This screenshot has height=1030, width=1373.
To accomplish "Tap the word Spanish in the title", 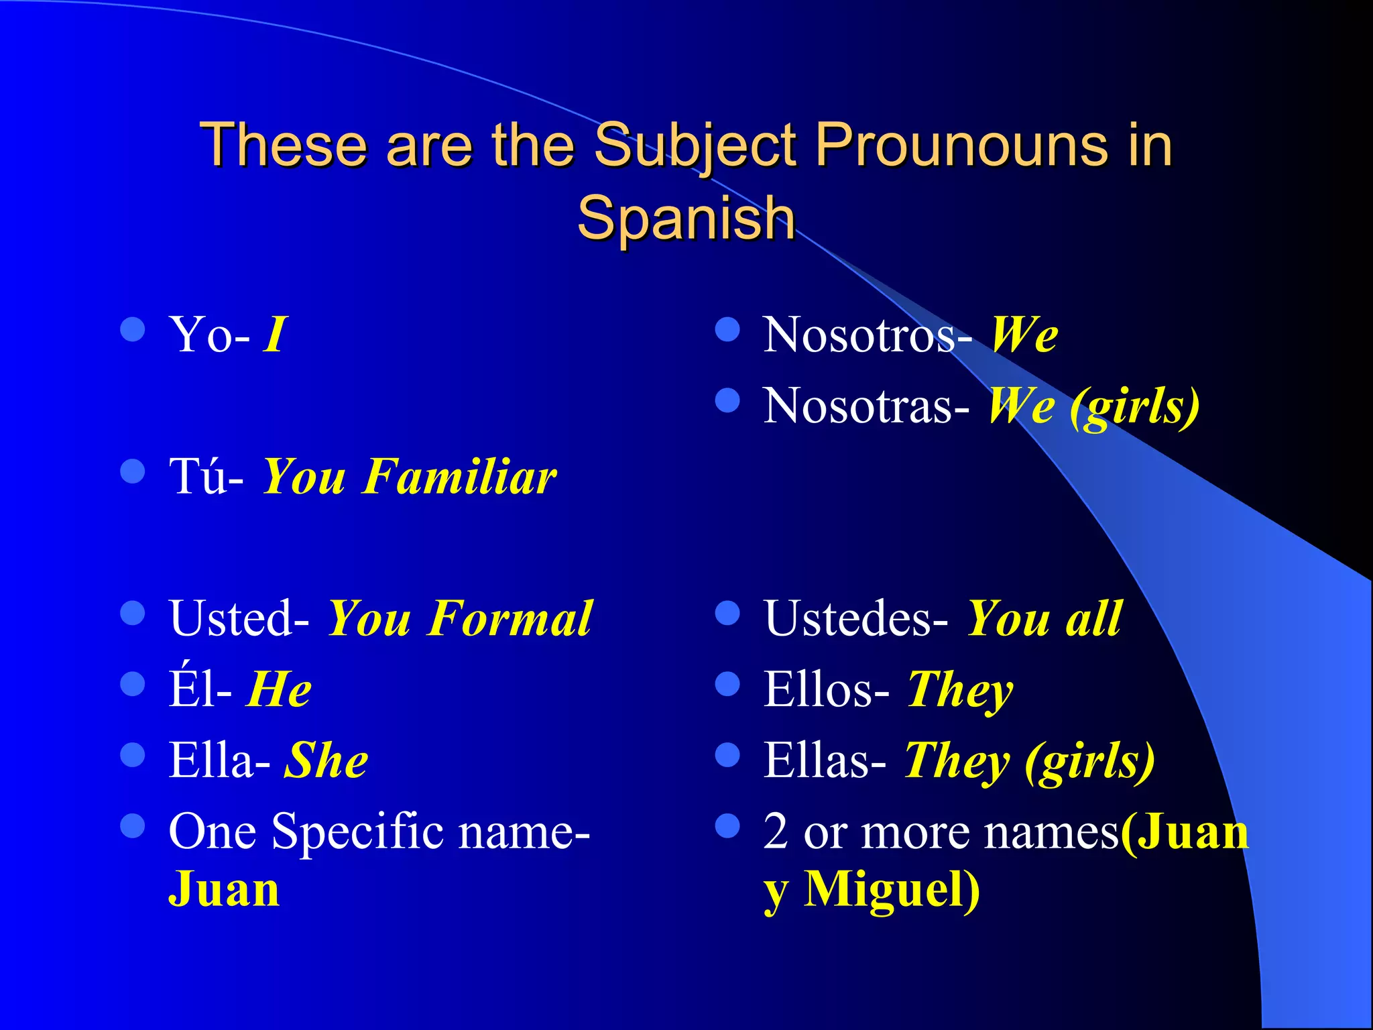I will (x=686, y=218).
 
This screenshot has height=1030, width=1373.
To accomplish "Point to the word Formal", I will (x=510, y=618).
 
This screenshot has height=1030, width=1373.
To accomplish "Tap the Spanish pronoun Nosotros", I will (x=860, y=335).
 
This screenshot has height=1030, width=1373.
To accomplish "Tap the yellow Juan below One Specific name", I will (x=223, y=890).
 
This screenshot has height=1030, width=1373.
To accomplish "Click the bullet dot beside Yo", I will (x=133, y=329).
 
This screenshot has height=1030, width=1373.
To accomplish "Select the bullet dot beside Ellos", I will (x=727, y=684).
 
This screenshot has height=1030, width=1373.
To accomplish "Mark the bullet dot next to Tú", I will (x=133, y=471).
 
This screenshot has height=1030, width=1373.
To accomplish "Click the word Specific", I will (x=358, y=832).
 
